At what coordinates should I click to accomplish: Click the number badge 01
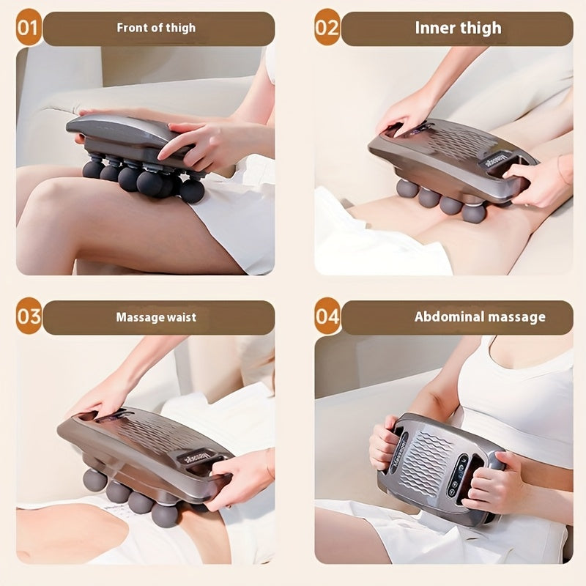pos(28,29)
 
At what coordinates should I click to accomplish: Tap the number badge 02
pos(327,29)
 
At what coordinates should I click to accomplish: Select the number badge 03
pos(28,317)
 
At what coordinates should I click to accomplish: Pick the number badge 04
pos(327,317)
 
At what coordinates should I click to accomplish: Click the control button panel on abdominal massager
pos(459,476)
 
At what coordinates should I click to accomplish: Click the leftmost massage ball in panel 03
pos(94,480)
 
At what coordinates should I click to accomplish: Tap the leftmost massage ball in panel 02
pos(407,188)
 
